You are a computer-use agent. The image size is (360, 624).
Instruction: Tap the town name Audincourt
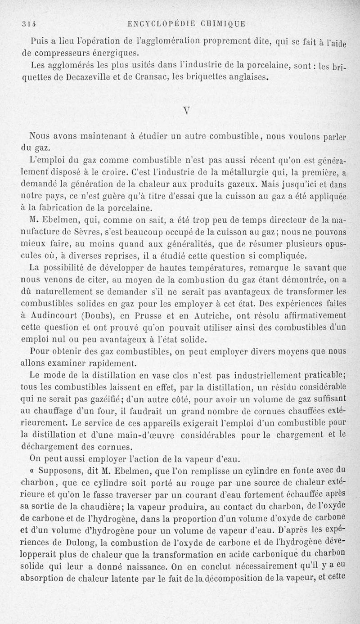58,315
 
